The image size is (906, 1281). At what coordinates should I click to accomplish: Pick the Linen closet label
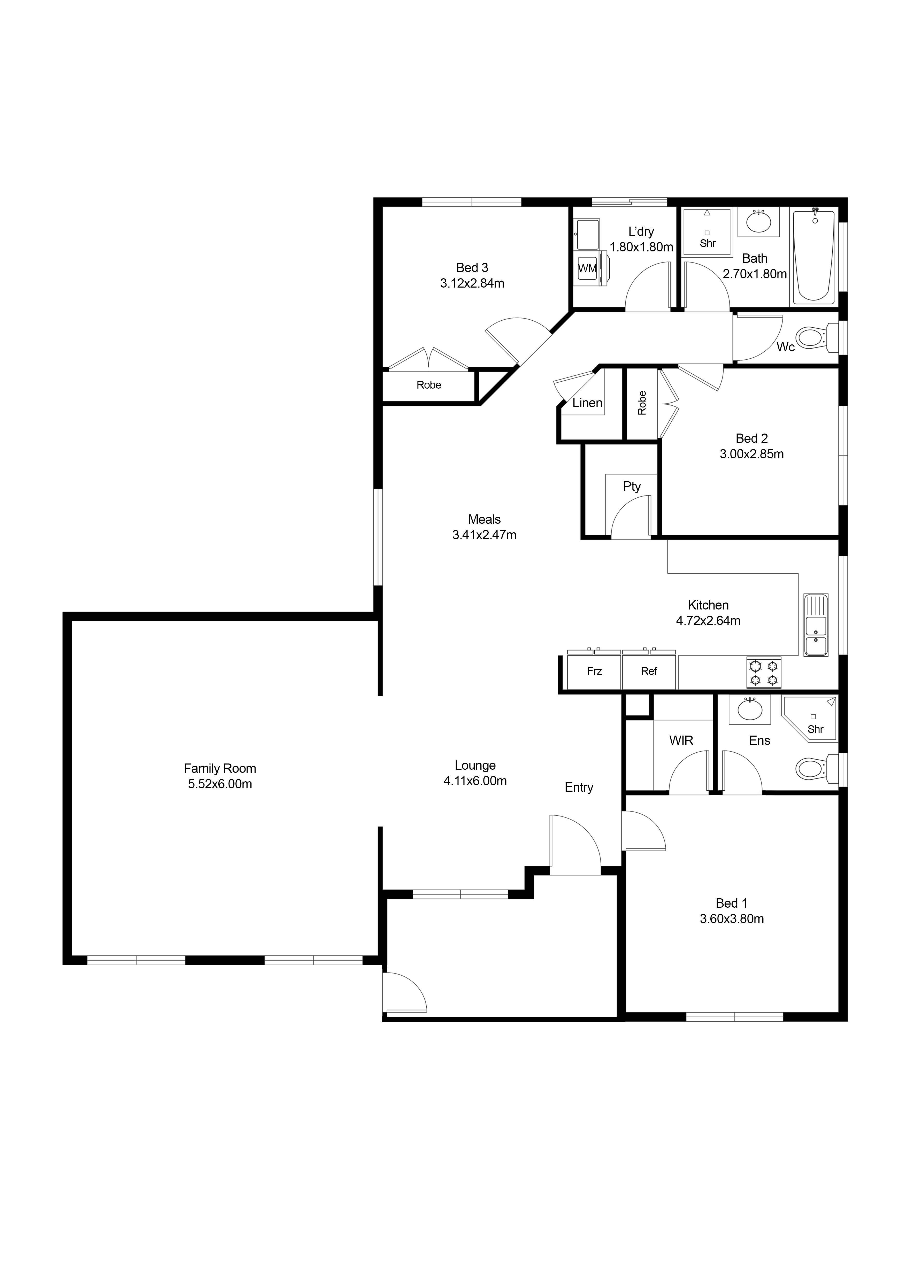click(587, 403)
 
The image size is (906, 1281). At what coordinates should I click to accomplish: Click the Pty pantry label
click(632, 487)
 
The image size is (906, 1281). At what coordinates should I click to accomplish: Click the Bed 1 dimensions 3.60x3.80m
click(732, 919)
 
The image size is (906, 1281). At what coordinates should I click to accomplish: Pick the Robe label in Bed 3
click(428, 385)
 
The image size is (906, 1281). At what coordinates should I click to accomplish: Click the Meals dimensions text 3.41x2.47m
click(484, 535)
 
